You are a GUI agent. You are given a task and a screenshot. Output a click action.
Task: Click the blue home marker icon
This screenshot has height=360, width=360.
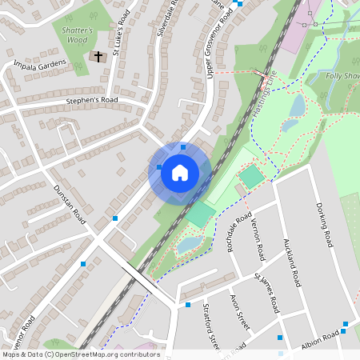pyautogui.click(x=180, y=173)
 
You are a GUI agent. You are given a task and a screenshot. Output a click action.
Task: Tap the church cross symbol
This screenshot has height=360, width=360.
pyautogui.click(x=98, y=57)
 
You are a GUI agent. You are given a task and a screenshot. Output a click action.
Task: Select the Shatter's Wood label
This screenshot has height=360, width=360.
pyautogui.click(x=78, y=34)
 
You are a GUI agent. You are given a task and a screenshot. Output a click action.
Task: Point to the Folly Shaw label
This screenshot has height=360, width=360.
pyautogui.click(x=342, y=76)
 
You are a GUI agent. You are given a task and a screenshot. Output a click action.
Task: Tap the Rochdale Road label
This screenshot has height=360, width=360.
pyautogui.click(x=239, y=232)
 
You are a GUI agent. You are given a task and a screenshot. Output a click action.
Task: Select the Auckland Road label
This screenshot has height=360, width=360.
pyautogui.click(x=291, y=262)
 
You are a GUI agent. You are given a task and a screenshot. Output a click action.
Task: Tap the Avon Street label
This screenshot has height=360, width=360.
pyautogui.click(x=240, y=311)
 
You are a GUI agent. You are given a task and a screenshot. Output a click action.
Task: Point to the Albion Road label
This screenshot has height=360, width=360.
pyautogui.click(x=322, y=339)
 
